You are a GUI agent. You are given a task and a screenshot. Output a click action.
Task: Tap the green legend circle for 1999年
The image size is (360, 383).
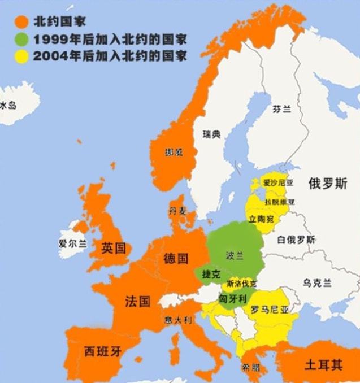[x=21, y=40]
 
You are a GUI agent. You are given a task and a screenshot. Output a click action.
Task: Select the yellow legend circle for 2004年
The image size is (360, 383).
[x=21, y=56]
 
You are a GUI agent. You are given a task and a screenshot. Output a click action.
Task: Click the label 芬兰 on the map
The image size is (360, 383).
[x=281, y=109]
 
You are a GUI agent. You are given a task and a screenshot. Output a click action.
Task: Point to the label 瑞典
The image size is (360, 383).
[x=212, y=134]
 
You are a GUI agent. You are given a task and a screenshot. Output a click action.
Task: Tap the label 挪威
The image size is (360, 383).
[x=173, y=153]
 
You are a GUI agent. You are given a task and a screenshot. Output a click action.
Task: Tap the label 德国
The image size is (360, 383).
[x=176, y=259]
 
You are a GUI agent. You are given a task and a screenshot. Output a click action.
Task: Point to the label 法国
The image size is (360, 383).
[x=137, y=301]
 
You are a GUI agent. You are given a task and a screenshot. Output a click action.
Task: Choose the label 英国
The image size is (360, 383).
[x=113, y=248]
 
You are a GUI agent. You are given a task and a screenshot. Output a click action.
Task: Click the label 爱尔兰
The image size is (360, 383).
[x=72, y=244]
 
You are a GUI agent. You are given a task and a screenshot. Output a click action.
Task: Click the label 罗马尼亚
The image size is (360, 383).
[x=270, y=310]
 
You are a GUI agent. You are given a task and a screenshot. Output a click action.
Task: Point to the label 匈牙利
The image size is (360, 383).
[x=231, y=299]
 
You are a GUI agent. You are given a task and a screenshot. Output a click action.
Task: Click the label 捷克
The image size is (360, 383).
[x=211, y=275]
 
